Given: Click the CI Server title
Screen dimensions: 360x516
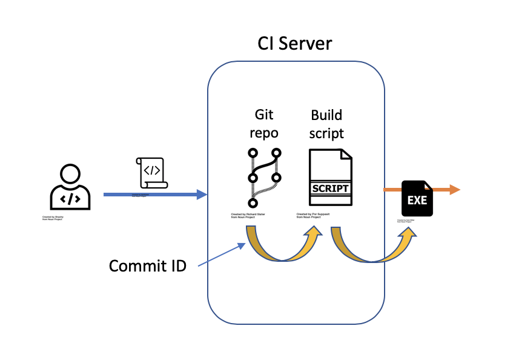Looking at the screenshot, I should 295,44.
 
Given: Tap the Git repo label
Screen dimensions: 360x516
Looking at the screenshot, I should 264,124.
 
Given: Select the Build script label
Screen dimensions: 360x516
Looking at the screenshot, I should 326,124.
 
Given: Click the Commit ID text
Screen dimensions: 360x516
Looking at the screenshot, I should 148,265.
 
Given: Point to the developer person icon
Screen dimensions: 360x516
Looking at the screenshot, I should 70,188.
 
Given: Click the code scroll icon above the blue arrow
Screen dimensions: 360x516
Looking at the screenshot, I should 151,173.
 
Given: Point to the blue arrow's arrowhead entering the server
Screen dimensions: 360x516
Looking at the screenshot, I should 201,195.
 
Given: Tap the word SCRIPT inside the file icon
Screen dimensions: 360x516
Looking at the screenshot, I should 330,188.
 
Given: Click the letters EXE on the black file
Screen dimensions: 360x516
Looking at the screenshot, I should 417,200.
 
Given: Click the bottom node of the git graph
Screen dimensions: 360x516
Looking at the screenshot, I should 253,203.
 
